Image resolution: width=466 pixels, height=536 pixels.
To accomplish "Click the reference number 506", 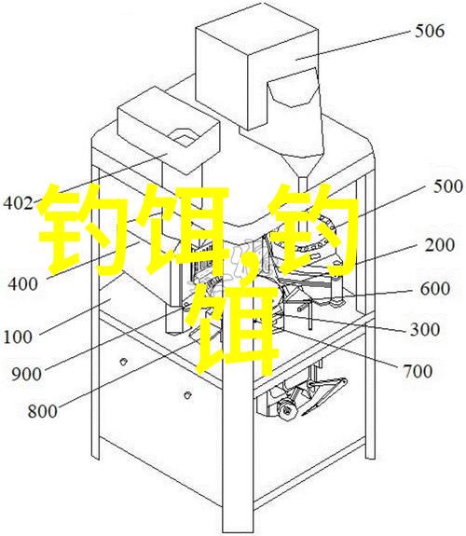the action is coord(430,31).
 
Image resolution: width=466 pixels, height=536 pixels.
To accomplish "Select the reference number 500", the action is coord(448,186).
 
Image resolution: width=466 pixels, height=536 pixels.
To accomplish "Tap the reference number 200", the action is coord(440,245).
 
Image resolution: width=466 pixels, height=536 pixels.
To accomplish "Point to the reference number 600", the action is coord(435,289).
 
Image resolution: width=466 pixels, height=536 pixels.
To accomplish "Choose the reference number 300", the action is coord(425,330).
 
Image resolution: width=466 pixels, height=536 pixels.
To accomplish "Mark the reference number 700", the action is coord(418,371).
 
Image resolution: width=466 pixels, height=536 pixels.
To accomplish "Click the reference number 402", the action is coord(18,203).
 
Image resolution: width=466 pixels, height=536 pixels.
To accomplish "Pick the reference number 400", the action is coord(23,283).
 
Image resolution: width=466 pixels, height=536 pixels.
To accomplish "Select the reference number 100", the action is coord(18,337).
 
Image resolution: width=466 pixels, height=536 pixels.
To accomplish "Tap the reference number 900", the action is coord(27,375).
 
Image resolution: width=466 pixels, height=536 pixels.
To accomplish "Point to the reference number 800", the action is coord(42,411).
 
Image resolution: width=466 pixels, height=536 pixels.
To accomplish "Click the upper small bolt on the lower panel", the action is coord(123,361).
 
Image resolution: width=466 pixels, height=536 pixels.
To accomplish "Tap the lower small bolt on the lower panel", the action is coord(186,395).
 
